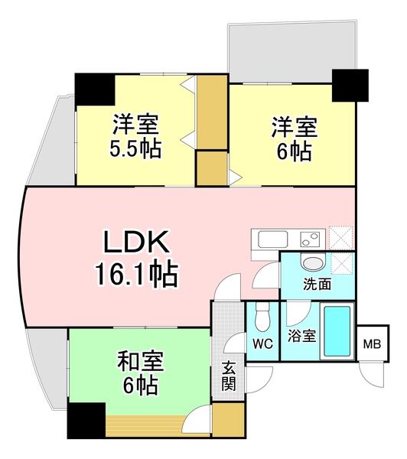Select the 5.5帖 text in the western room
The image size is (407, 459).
(136, 148)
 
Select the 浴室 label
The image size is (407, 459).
(298, 336)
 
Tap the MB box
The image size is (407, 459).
(373, 342)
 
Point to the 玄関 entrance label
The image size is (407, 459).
(229, 376)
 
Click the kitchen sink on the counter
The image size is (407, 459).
(274, 239)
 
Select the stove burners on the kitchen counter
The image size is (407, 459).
(309, 239)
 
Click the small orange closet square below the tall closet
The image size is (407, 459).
(211, 168)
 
